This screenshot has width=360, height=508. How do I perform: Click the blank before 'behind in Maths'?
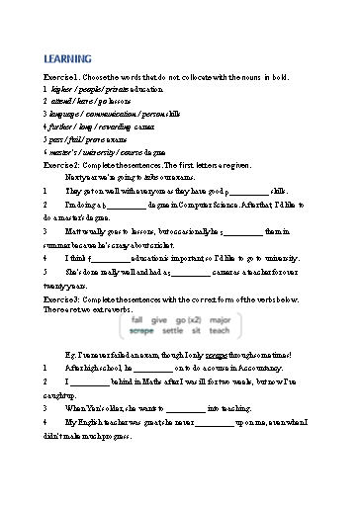click(x=90, y=380)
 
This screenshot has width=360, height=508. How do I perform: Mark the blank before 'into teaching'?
click(x=187, y=406)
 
